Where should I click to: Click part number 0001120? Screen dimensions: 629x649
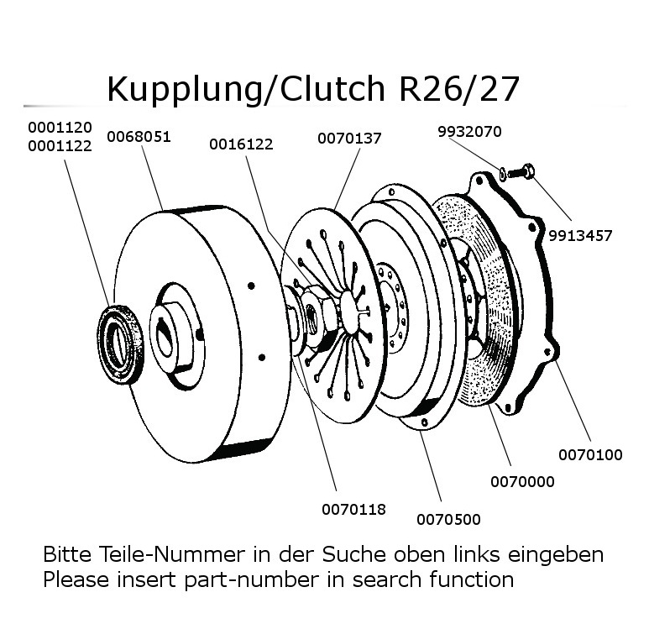pos(60,128)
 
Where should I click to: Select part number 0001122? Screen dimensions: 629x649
pos(60,145)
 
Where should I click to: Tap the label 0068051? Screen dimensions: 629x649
pos(138,136)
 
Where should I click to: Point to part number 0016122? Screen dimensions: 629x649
pos(241,144)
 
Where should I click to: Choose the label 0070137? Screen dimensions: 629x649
pos(349,139)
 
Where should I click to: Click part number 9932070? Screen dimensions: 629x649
pos(469,132)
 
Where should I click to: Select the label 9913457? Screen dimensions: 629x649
pos(581,235)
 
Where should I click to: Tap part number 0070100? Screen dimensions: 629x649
pos(590,455)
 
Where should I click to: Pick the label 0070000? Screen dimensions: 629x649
pos(521,482)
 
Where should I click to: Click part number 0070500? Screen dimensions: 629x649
pos(448,520)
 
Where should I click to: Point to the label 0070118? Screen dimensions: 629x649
pos(353,509)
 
